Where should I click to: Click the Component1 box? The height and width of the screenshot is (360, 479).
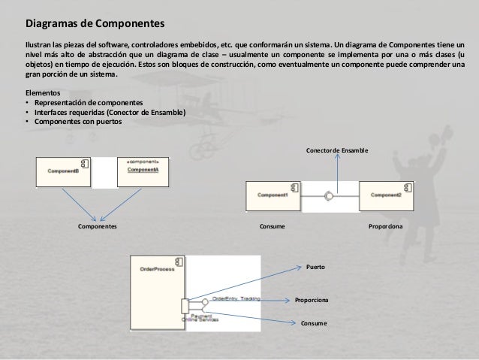click(x=273, y=195)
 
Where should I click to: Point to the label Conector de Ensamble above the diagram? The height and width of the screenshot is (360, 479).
click(x=337, y=150)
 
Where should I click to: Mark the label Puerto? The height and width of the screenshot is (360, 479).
click(x=316, y=267)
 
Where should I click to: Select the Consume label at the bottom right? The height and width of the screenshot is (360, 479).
click(x=315, y=322)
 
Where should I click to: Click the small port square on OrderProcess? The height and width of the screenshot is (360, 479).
click(x=185, y=306)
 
